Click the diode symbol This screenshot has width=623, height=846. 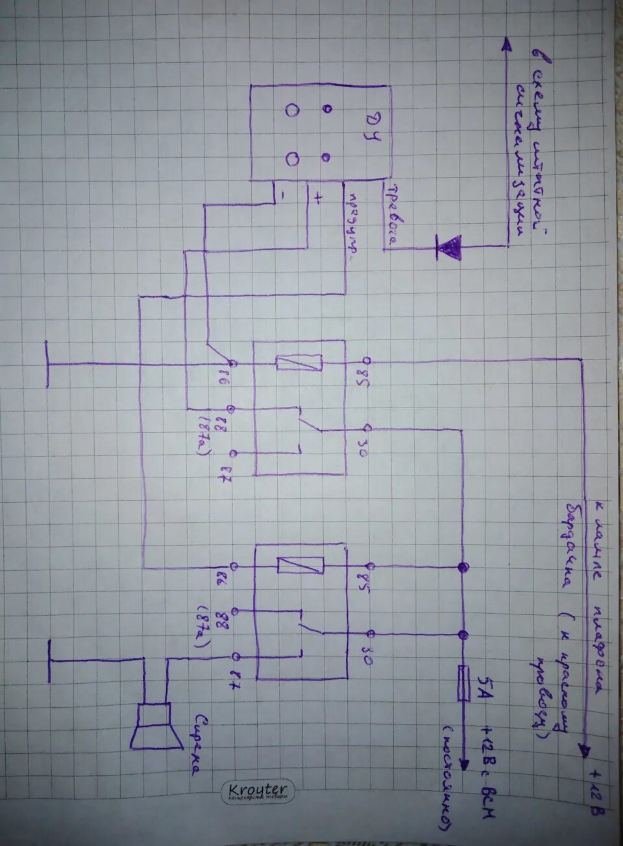(448, 247)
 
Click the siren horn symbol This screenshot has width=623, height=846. (156, 726)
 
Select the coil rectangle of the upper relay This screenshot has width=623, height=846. (299, 362)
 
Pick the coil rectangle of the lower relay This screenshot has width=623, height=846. (300, 565)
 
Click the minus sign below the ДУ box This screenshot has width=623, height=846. (283, 193)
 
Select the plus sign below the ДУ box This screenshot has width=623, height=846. (317, 199)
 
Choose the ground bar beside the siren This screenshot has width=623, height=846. (51, 660)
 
